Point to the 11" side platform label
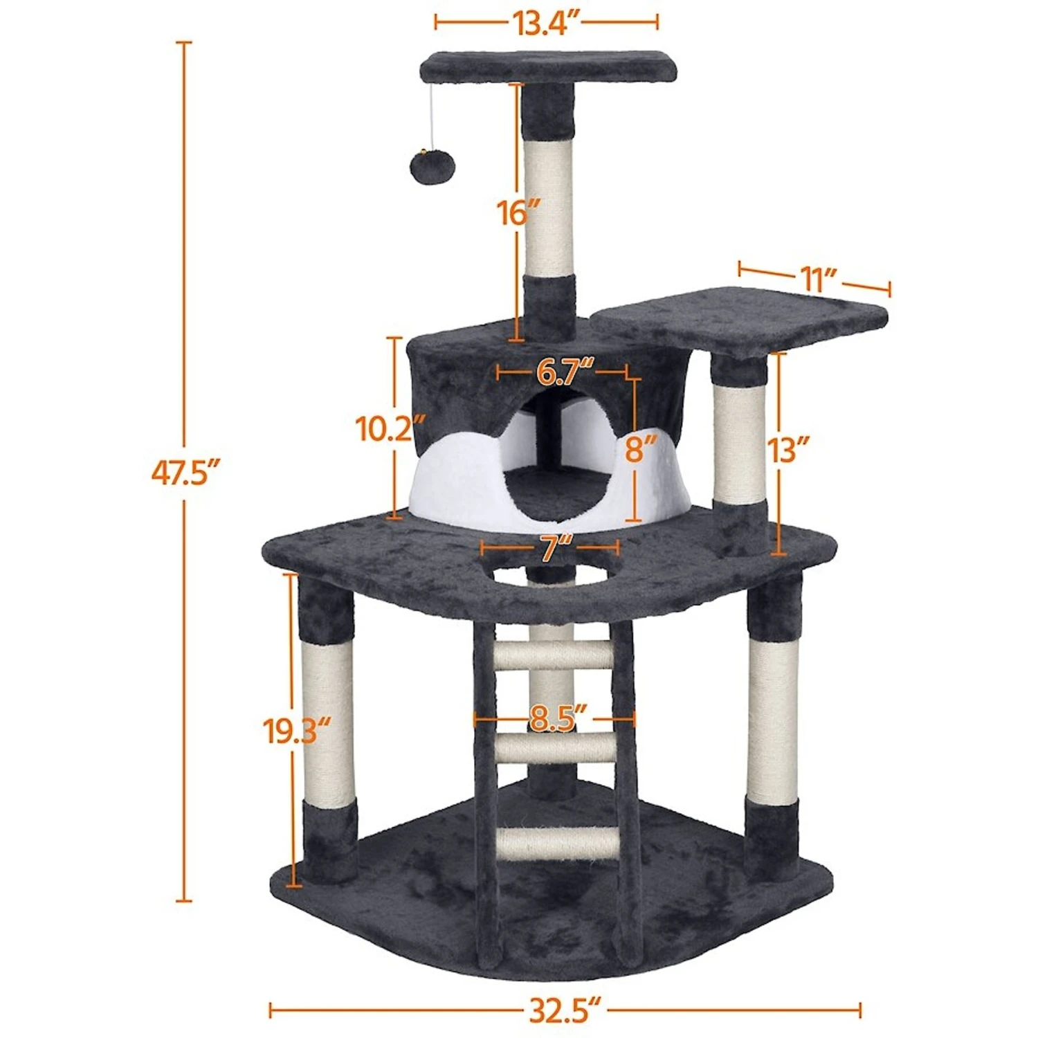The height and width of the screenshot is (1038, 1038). click(817, 280)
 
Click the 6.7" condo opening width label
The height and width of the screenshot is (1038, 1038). click(565, 372)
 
